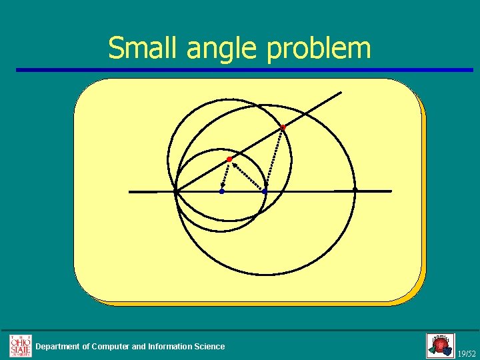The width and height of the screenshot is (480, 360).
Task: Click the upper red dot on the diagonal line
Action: (283, 127)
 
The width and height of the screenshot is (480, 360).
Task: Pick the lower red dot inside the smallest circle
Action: (229, 159)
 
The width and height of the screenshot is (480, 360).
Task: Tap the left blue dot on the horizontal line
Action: (222, 191)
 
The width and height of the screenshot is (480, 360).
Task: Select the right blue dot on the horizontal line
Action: (265, 191)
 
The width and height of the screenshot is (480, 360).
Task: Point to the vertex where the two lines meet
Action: (175, 192)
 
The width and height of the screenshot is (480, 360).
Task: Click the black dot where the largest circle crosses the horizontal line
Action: (355, 191)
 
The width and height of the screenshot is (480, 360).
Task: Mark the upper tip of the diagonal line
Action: (341, 92)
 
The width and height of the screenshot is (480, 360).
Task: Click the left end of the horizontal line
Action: (130, 192)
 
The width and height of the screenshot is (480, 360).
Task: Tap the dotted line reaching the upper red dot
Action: (275, 156)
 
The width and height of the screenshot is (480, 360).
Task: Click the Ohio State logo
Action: (20, 345)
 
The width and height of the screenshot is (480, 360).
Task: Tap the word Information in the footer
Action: (170, 346)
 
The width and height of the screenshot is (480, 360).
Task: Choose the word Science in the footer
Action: (209, 346)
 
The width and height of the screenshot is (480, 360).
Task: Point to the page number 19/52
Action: (467, 353)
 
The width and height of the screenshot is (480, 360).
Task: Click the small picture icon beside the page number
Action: (440, 345)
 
